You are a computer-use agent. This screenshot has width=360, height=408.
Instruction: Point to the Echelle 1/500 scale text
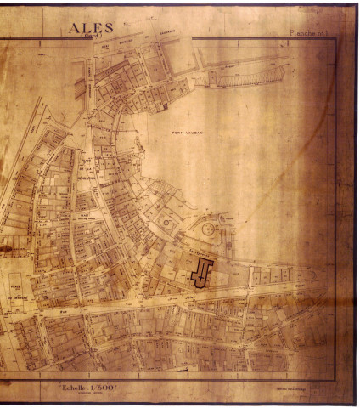pos(93,386)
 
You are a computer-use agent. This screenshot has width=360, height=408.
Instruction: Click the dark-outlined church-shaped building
pos(202,274)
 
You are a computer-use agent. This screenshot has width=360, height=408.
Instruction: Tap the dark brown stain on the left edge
pos(5,251)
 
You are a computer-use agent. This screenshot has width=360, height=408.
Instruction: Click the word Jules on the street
pos(179,298)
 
